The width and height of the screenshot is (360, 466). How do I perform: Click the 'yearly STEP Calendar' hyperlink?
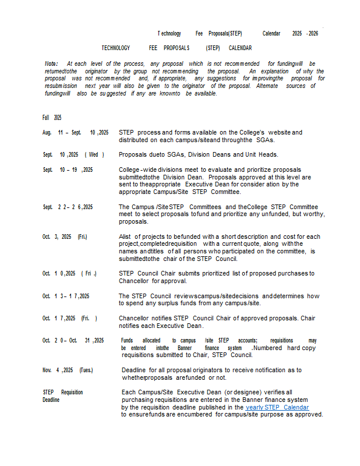tap(277, 407)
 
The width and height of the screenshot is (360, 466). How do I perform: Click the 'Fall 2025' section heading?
tap(52, 117)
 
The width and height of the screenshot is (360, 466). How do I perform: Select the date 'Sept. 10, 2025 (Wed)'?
tap(73, 154)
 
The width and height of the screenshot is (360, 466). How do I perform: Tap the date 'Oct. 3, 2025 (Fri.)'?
tap(65, 236)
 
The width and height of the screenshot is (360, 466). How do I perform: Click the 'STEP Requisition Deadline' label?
tap(62, 396)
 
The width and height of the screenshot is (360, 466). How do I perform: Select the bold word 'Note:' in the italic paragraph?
tap(51, 63)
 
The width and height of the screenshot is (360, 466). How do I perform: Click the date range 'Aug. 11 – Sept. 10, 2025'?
tap(76, 133)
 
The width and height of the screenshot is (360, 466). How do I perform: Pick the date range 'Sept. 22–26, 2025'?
tap(68, 207)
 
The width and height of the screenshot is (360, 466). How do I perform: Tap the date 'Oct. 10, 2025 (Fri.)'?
tap(69, 273)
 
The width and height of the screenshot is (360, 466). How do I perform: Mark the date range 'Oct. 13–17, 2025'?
tap(66, 296)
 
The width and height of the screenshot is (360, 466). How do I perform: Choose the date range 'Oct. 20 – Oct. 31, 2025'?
tap(73, 340)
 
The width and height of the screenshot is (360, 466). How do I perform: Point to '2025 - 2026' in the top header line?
tap(305, 34)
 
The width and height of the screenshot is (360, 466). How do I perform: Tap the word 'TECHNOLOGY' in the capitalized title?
tap(115, 48)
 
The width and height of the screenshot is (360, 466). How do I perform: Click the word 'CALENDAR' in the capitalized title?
tap(240, 48)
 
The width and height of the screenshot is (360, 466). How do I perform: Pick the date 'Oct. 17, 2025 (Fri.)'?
tap(70, 318)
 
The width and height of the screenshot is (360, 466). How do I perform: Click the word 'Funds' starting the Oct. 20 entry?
tap(128, 340)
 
